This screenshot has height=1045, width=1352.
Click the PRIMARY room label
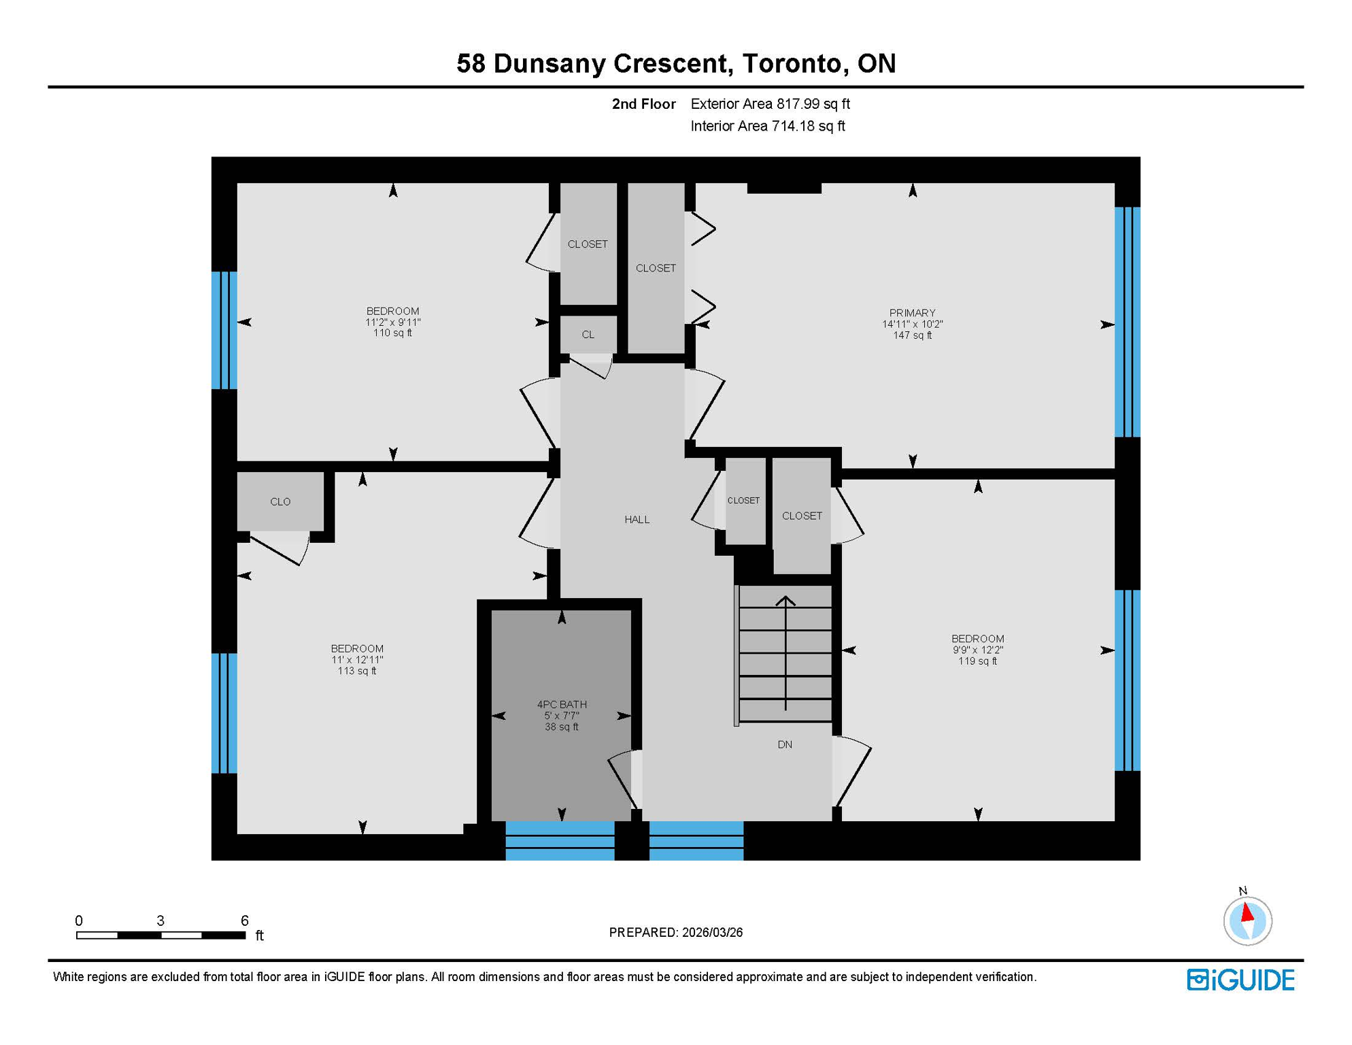(912, 313)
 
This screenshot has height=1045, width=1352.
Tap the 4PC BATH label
(562, 704)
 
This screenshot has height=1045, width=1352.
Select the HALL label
(637, 520)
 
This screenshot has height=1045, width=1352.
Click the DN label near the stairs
(785, 744)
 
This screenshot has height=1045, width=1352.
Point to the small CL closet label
(588, 335)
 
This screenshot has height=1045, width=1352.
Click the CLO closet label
(280, 502)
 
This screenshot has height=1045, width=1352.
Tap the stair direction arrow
(785, 653)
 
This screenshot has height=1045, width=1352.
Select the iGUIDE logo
(1240, 980)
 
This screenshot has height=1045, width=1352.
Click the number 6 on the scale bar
(245, 920)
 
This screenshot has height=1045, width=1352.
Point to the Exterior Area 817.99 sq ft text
(770, 104)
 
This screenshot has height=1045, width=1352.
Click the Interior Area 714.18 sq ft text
(767, 126)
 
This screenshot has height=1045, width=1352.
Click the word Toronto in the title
(791, 63)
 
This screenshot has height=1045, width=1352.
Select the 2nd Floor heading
(643, 104)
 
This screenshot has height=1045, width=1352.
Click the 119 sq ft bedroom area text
(977, 661)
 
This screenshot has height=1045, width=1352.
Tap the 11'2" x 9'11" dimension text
(392, 322)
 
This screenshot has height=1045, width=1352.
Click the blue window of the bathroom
(560, 841)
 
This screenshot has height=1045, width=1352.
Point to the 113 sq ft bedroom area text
(356, 671)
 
